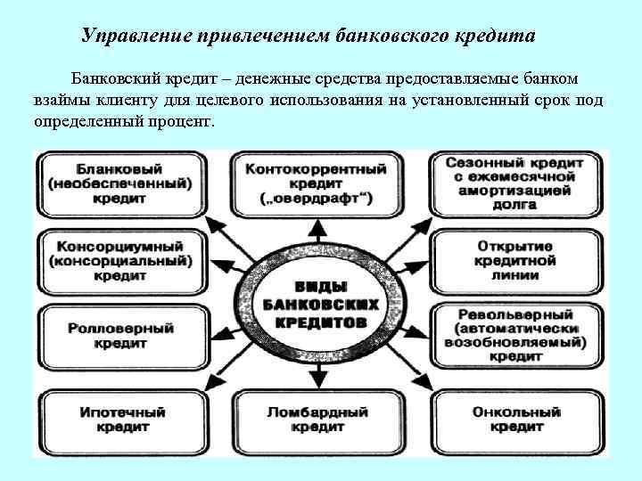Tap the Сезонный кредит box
tap(519, 183)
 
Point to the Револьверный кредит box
tap(519, 335)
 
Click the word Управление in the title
tap(128, 37)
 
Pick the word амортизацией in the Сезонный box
tap(519, 190)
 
